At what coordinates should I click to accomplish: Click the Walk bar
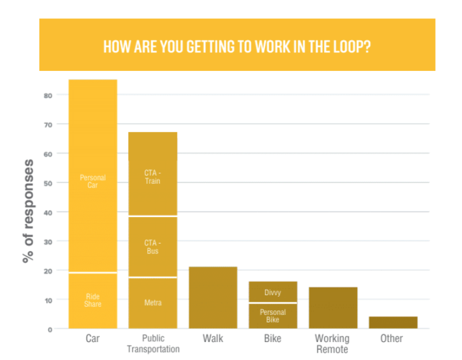pos(213,298)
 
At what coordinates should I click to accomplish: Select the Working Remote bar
pos(333,308)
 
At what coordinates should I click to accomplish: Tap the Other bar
pos(393,322)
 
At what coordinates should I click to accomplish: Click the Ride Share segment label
pos(92,300)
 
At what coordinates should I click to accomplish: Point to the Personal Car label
pos(92,181)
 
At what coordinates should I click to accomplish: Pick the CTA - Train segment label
pos(152,177)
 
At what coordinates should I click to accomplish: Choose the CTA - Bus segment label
pos(152,247)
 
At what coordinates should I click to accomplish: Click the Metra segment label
pos(152,303)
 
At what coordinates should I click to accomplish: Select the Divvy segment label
pos(273,292)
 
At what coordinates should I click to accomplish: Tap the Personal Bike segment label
pos(273,316)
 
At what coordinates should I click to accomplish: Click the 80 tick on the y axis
pos(47,95)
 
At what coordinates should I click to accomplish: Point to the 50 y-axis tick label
pos(47,182)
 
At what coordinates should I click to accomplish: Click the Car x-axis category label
pos(92,338)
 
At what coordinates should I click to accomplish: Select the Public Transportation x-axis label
pos(153,343)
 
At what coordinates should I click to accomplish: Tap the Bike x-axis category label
pos(273,338)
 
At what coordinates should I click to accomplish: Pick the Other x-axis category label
pos(392,338)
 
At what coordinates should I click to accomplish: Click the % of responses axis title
pos(28,211)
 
